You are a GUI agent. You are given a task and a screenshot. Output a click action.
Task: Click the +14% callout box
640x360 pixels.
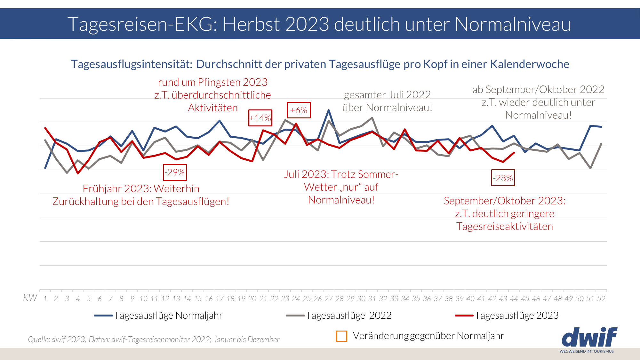coord(260,118)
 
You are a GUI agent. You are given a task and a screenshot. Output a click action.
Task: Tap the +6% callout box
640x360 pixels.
coord(299,110)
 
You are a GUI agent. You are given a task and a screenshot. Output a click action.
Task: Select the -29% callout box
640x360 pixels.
coord(175,172)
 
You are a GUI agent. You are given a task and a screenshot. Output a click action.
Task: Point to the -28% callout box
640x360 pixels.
coord(503,178)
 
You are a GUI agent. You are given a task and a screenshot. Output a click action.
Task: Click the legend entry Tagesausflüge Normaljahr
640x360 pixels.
coord(158,316)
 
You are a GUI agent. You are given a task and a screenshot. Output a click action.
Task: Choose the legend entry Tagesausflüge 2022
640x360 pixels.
coord(339,316)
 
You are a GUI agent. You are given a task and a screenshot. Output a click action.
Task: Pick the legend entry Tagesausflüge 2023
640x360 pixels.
coord(507,316)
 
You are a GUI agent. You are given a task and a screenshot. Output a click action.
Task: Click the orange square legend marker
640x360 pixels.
coord(341,336)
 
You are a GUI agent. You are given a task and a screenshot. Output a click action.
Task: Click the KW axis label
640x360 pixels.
coord(30,298)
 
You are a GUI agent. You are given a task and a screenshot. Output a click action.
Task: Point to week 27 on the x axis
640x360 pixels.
coord(329,299)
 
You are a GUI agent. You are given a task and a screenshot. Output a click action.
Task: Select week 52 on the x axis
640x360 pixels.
coord(601,299)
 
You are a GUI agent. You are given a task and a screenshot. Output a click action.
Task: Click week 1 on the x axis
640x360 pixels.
coord(45,299)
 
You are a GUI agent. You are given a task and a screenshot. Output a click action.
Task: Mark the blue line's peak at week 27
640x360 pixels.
coord(329,110)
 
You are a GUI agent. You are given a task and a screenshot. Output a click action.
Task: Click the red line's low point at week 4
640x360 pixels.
coord(78,173)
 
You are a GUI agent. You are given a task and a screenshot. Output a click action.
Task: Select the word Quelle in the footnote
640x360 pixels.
coord(38,339)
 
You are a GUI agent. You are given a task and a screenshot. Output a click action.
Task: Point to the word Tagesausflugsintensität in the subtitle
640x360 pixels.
coord(132,64)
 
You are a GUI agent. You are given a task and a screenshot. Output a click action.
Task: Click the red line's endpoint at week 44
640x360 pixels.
coord(514,153)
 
